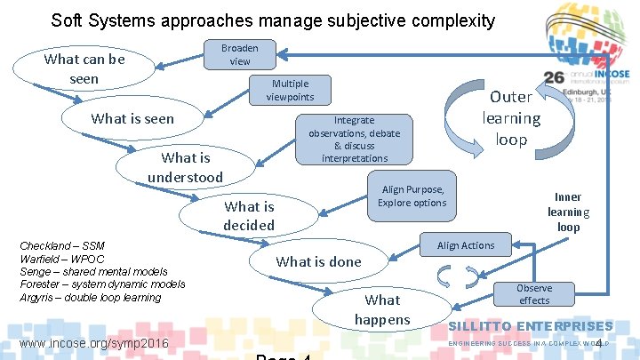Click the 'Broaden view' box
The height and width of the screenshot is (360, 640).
coord(240,54)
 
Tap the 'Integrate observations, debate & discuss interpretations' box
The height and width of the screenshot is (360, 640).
coord(354,139)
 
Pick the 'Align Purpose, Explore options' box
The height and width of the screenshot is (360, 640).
coord(412,196)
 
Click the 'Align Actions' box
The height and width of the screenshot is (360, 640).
coord(465,245)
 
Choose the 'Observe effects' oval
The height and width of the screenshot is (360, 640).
coord(533,293)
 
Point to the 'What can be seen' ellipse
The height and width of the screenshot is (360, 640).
coord(84,68)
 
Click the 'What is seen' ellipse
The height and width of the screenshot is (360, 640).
coord(133,118)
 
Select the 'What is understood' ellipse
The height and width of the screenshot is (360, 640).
coord(185,167)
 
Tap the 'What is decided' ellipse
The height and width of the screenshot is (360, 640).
coord(249,215)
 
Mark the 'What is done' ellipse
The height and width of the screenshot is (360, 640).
coord(318,261)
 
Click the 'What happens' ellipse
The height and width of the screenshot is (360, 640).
coord(382,308)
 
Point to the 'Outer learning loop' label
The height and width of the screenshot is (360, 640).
coord(511,118)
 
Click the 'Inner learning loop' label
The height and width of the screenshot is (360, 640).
coord(568,212)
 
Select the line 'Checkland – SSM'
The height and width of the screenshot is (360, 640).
coord(62,246)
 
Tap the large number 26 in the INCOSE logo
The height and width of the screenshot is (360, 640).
coord(553,78)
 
